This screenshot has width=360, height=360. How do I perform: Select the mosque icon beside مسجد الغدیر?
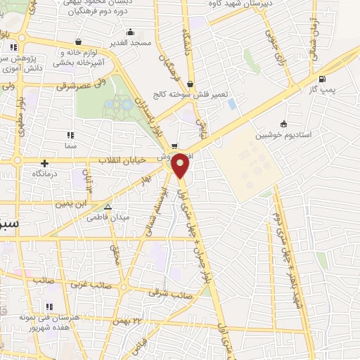click(130, 32)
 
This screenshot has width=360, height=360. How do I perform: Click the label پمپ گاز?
click(322, 90)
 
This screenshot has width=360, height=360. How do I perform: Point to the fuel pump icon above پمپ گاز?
click(322, 79)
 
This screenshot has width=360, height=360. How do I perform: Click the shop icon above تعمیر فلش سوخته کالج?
click(190, 83)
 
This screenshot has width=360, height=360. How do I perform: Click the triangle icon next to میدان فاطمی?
click(108, 207)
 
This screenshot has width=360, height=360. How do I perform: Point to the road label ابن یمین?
click(70, 203)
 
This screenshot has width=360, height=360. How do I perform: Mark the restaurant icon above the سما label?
click(70, 134)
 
